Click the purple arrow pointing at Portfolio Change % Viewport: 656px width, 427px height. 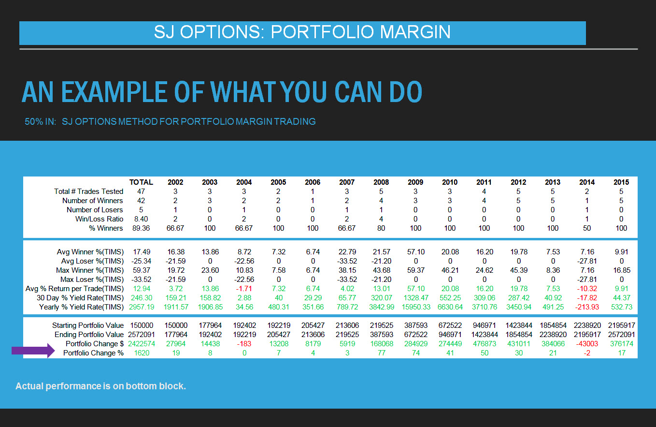click(x=33, y=351)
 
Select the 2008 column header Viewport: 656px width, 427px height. click(x=381, y=182)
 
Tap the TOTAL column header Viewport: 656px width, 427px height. click(x=141, y=182)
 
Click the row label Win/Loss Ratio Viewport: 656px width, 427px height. click(x=100, y=219)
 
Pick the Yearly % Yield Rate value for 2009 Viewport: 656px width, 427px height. click(x=416, y=307)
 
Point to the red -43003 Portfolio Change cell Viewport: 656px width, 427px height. click(x=587, y=344)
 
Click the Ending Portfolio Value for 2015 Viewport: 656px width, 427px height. click(x=621, y=335)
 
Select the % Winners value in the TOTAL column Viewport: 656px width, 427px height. click(x=141, y=228)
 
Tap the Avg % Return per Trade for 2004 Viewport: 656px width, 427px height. click(x=244, y=289)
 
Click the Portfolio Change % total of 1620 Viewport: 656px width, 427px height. click(x=142, y=353)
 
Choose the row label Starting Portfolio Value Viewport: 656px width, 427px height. click(x=88, y=325)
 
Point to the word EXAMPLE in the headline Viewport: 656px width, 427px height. click(x=114, y=92)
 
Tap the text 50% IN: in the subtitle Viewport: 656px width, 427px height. click(x=40, y=122)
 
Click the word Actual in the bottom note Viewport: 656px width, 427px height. click(x=29, y=386)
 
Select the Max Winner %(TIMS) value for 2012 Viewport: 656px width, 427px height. click(x=519, y=270)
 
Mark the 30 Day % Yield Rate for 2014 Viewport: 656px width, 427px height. click(x=587, y=298)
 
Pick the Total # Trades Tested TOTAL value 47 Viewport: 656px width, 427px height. click(x=141, y=191)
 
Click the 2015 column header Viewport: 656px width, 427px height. click(x=621, y=182)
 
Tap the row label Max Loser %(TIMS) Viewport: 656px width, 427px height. click(x=92, y=280)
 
